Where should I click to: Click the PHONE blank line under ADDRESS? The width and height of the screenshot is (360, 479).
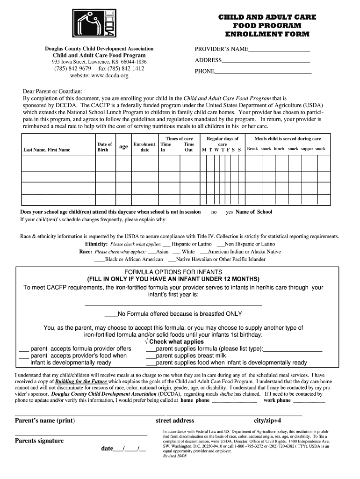[x=263, y=73]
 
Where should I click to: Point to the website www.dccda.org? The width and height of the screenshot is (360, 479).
[x=99, y=76]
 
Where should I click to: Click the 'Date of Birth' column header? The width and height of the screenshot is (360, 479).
[x=104, y=147]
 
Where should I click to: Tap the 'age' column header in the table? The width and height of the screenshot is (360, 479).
[x=123, y=147]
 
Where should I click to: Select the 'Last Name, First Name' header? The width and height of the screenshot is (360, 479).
[x=47, y=150]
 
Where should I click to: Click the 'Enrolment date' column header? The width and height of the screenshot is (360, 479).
[x=144, y=147]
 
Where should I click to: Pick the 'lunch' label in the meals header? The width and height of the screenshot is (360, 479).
[x=279, y=149]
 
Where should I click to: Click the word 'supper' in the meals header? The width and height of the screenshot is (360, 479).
[x=307, y=149]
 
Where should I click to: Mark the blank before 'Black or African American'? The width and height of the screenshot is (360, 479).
[x=100, y=260]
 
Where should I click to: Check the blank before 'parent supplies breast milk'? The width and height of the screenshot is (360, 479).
[x=151, y=356]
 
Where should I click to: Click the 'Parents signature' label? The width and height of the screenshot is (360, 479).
[x=39, y=441]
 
